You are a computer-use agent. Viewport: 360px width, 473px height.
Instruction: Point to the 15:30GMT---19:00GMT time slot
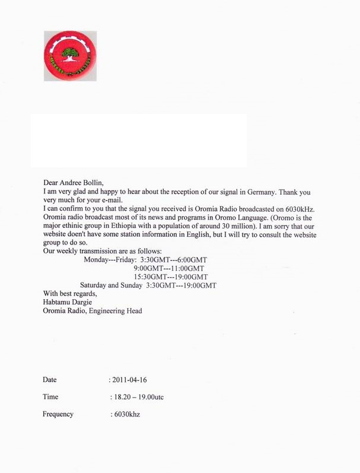(171, 277)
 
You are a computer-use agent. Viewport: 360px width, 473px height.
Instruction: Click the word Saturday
(95, 285)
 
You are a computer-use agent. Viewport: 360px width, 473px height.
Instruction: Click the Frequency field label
(58, 414)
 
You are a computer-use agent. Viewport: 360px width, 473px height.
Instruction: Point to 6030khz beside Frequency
(126, 414)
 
